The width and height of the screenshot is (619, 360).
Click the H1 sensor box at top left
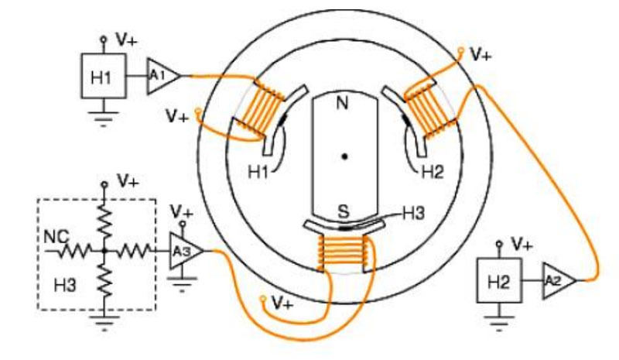point(104,76)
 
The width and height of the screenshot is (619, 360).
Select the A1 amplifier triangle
point(162,77)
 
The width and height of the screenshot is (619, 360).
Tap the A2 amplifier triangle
point(558,280)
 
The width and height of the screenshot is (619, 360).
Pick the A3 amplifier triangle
point(186,251)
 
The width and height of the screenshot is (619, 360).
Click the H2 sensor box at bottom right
point(499,280)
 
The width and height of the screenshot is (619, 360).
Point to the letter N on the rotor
point(342,103)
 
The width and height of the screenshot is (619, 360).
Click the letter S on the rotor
point(344,211)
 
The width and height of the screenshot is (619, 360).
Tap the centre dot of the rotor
point(344,156)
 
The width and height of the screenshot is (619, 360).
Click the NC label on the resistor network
point(56,237)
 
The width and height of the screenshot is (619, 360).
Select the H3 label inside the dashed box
point(65,285)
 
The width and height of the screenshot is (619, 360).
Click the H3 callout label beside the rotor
point(413,214)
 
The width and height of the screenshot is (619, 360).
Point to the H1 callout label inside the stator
point(258,173)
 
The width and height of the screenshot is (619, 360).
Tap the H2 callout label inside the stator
point(433,173)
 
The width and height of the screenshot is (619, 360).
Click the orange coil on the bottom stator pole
point(343,252)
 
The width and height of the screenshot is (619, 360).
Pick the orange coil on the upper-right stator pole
point(431,110)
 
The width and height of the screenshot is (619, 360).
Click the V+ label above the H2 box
point(522,245)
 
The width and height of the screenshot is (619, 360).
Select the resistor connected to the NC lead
point(75,251)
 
